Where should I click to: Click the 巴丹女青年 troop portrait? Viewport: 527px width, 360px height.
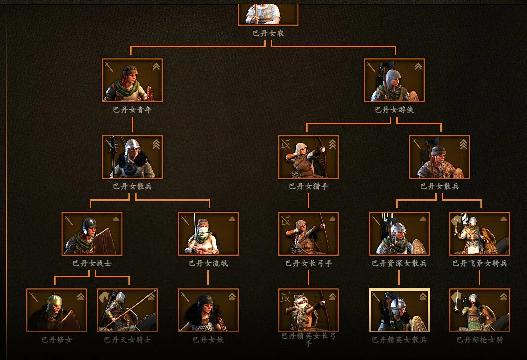(x=132, y=80)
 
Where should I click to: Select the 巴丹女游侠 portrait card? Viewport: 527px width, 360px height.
(x=394, y=80)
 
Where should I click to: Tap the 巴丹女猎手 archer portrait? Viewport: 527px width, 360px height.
(x=308, y=157)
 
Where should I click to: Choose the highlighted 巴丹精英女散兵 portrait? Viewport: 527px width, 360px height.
(x=399, y=310)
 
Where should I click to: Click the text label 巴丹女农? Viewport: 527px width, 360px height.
(x=268, y=33)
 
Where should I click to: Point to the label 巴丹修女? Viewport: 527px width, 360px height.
(x=57, y=340)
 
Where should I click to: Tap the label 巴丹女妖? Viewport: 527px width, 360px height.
(x=208, y=340)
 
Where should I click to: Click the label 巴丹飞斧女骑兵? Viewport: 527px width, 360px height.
(x=479, y=263)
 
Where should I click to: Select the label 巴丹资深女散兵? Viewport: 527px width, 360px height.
(x=399, y=263)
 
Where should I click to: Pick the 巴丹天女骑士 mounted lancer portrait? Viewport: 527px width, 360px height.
(x=127, y=310)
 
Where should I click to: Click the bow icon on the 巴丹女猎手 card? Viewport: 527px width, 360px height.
(x=286, y=144)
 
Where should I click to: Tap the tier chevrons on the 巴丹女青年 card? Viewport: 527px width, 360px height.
(x=156, y=66)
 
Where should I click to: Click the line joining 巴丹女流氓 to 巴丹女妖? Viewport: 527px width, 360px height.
(x=208, y=277)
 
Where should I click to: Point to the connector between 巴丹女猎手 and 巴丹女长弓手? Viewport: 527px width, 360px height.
(x=308, y=200)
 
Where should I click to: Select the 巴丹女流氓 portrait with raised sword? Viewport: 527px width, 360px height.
(x=208, y=233)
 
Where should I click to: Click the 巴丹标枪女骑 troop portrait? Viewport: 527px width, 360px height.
(x=479, y=310)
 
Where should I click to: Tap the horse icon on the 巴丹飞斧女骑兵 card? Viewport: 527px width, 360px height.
(x=456, y=221)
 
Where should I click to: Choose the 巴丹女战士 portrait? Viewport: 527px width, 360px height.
(x=92, y=233)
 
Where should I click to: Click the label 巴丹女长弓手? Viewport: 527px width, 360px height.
(x=308, y=263)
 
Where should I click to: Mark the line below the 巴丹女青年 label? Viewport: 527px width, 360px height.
(x=132, y=124)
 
